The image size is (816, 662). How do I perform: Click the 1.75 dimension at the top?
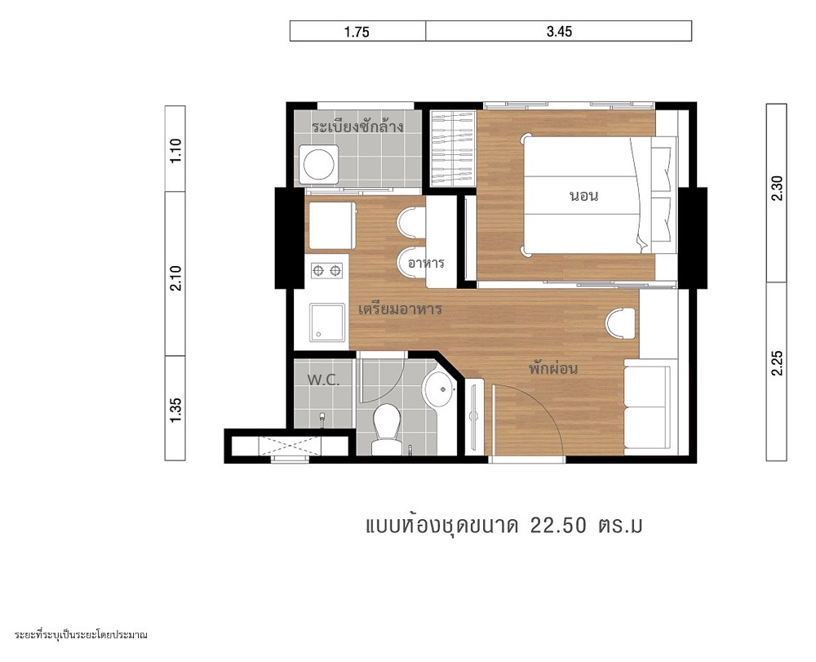357,32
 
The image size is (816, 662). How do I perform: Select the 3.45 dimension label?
560,32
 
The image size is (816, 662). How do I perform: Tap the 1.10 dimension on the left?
176,150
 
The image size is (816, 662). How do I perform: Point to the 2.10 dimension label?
176,278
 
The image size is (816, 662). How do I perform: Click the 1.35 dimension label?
176,410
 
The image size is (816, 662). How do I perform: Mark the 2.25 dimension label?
777,362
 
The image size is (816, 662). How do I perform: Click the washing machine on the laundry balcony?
318,164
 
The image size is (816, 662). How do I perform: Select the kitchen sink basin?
327,322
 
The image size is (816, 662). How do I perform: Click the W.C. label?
323,380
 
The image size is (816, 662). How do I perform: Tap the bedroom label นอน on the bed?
584,196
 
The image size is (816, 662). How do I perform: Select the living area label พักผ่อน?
553,368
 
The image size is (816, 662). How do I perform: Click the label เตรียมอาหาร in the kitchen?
400,309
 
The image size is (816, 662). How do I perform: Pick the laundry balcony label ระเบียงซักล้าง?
358,127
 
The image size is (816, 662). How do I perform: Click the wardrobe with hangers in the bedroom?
453,149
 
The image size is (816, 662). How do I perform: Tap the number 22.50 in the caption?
558,526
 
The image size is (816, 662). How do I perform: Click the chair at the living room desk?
620,323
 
